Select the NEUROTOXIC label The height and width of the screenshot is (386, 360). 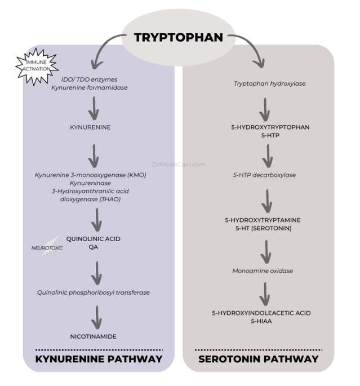click(47, 247)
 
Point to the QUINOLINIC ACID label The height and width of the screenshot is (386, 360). click(94, 238)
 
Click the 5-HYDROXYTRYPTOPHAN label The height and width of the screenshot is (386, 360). click(269, 127)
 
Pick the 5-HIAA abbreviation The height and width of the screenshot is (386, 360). click(269, 321)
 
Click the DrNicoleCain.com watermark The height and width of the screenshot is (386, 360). click(179, 165)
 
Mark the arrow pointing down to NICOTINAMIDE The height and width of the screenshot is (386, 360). click(96, 317)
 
